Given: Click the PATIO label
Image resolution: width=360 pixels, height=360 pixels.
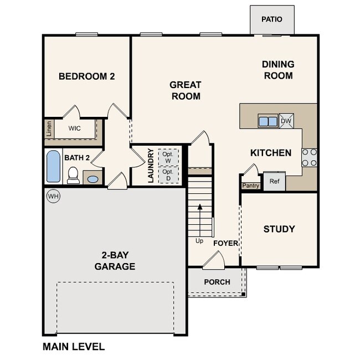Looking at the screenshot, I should pyautogui.click(x=271, y=19).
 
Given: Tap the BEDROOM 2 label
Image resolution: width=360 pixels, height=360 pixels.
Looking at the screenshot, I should pyautogui.click(x=86, y=76).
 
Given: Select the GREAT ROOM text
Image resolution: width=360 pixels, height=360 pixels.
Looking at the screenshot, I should pyautogui.click(x=185, y=90).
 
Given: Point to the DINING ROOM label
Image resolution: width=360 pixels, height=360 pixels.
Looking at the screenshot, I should pyautogui.click(x=277, y=70).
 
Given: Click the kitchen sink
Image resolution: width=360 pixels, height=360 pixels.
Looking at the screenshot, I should pyautogui.click(x=268, y=121).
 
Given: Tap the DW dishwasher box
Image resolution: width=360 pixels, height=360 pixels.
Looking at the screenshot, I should pyautogui.click(x=286, y=121).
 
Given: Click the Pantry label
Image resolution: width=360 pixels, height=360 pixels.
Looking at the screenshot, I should pyautogui.click(x=251, y=186).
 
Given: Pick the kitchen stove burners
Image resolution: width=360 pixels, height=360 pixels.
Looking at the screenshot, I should pyautogui.click(x=309, y=157).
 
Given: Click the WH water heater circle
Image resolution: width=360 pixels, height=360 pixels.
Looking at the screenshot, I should pyautogui.click(x=53, y=196).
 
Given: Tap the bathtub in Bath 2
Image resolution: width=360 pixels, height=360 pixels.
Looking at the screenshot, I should pyautogui.click(x=54, y=167).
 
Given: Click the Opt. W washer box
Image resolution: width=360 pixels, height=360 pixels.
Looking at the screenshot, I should pyautogui.click(x=168, y=157).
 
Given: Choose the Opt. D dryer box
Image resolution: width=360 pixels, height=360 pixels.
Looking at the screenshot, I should pyautogui.click(x=168, y=175).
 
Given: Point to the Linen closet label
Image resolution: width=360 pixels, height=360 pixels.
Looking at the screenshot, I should pyautogui.click(x=49, y=128).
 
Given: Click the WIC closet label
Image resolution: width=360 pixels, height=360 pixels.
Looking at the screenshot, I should pyautogui.click(x=75, y=128).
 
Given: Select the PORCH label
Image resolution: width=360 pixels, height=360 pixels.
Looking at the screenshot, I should pyautogui.click(x=217, y=282).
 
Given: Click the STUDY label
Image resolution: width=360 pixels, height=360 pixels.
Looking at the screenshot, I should pyautogui.click(x=279, y=229).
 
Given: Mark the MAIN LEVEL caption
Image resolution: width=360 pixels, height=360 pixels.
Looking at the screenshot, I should pyautogui.click(x=74, y=347).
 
